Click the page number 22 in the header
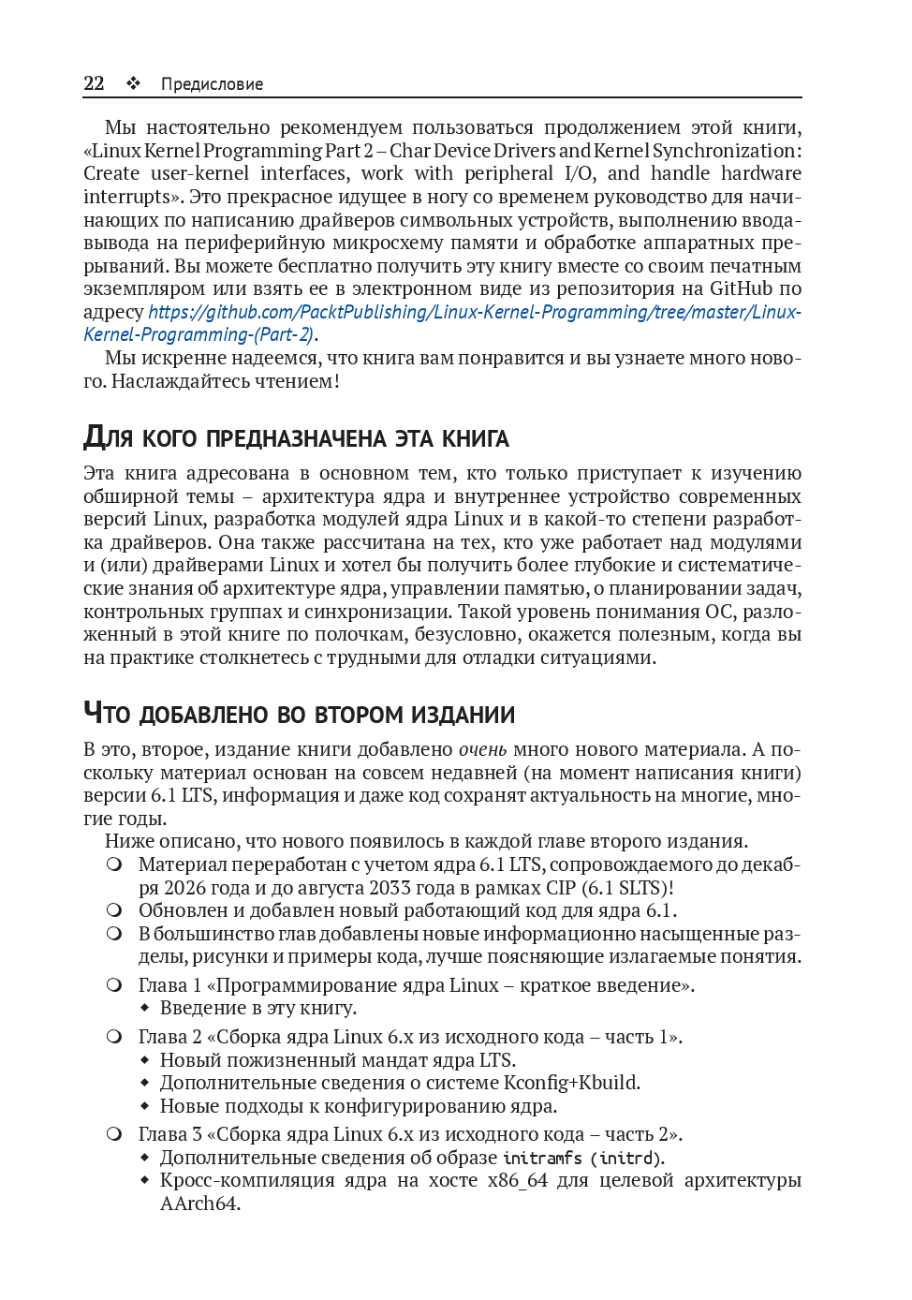(94, 83)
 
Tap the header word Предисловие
(212, 84)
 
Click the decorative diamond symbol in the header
(134, 83)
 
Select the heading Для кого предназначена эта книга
(296, 437)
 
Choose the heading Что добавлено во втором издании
(299, 714)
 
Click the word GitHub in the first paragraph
(741, 288)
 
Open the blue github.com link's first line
(475, 312)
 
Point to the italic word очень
(482, 749)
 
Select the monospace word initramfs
(542, 1159)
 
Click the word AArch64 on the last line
(199, 1204)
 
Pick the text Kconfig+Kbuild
(571, 1083)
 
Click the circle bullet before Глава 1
(114, 985)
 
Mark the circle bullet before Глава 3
(114, 1134)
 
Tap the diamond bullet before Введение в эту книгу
(145, 1009)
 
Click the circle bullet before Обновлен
(114, 910)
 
